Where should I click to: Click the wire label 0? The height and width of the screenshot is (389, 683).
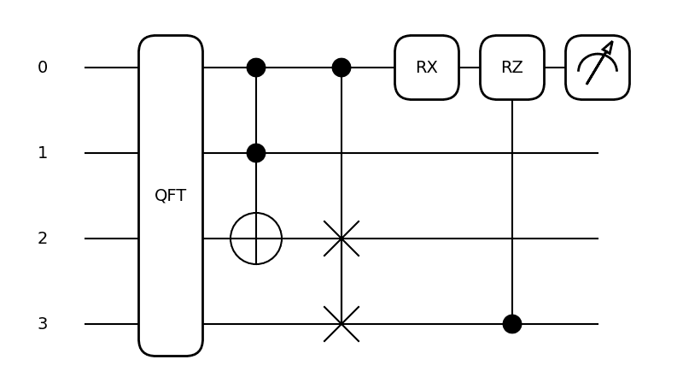(43, 68)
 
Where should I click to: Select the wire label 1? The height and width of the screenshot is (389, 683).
(43, 153)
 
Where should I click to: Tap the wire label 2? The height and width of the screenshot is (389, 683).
(43, 239)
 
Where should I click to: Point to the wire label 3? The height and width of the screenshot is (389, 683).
(43, 324)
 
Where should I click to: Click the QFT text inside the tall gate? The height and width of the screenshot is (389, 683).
(171, 196)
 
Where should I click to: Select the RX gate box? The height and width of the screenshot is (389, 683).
(427, 68)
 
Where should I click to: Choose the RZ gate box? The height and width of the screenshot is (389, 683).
(512, 68)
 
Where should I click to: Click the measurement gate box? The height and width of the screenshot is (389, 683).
(598, 68)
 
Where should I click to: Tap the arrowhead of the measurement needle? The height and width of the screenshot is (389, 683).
(609, 46)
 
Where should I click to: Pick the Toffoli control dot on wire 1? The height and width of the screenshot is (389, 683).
(256, 153)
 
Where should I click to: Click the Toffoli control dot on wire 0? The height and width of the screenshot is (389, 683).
(256, 68)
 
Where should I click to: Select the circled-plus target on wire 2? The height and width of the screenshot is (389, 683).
(256, 239)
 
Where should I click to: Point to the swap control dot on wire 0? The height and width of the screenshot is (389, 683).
(341, 68)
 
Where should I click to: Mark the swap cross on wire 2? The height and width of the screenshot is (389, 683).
(341, 239)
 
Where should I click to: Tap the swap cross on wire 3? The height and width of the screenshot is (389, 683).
(341, 324)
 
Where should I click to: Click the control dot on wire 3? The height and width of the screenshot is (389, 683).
(512, 324)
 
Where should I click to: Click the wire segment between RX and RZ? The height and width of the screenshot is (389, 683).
(470, 68)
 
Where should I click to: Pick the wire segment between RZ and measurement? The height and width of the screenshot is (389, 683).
(555, 68)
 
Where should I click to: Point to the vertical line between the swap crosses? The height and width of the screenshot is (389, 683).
(341, 281)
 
